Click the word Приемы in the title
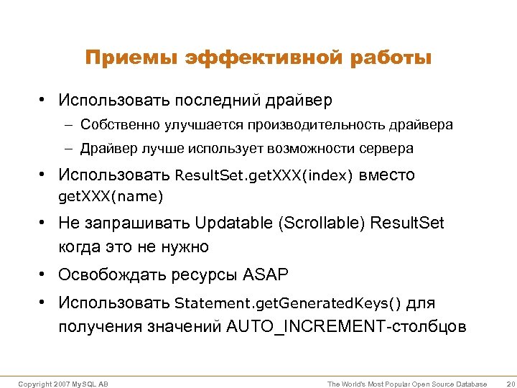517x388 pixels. coord(131,57)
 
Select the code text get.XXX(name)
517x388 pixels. coord(111,195)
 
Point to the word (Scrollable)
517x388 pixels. coord(321,223)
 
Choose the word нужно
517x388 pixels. coord(184,247)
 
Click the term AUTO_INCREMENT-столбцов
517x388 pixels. coord(346,327)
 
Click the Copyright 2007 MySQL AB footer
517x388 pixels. coord(63,384)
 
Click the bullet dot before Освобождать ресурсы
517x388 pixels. coord(44,274)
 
